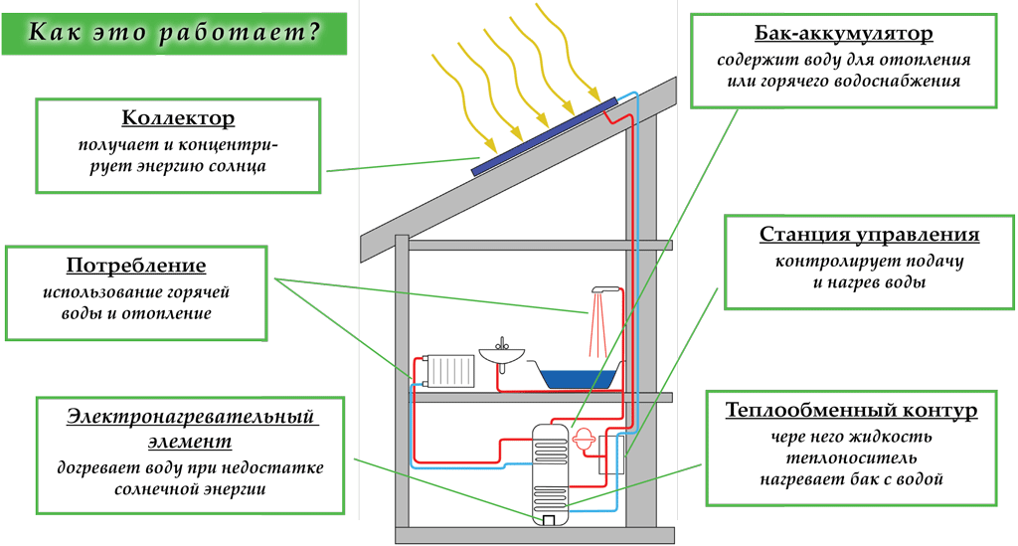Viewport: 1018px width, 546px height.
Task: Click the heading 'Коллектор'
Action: tap(179, 118)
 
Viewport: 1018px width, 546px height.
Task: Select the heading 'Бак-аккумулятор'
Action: tap(843, 35)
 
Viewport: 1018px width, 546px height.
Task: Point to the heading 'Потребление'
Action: tap(136, 266)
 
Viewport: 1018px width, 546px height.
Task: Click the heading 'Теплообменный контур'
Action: tap(852, 411)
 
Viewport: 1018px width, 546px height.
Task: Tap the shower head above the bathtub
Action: tap(601, 289)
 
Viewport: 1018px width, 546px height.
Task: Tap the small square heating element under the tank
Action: tap(549, 519)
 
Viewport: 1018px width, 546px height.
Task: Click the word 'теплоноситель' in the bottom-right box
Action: tap(850, 457)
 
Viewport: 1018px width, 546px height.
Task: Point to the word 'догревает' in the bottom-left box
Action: tap(96, 466)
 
